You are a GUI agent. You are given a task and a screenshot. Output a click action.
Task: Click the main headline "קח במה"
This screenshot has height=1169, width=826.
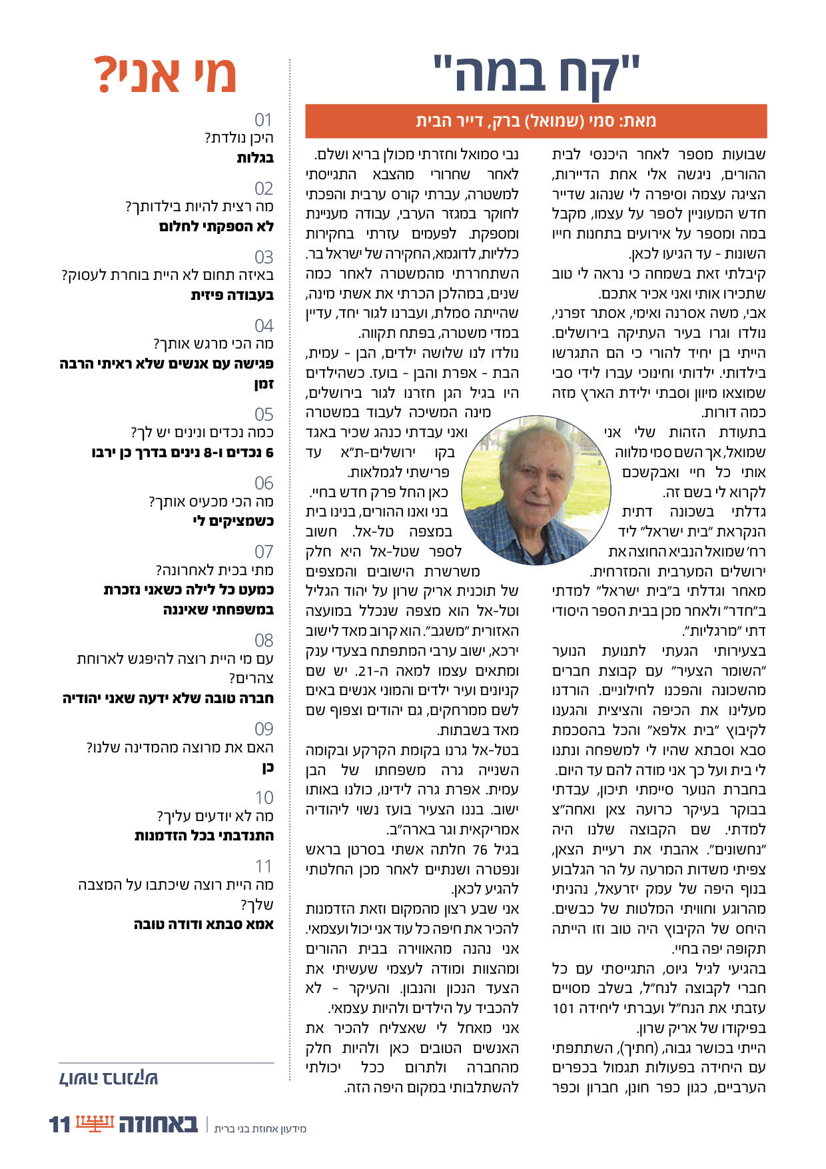click(536, 73)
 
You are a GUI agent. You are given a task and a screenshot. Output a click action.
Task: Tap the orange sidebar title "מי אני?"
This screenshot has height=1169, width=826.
click(165, 75)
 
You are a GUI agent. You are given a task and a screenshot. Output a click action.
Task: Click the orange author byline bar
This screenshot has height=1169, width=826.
click(536, 121)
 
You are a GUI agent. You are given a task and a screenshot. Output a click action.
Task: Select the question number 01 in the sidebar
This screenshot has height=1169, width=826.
click(264, 120)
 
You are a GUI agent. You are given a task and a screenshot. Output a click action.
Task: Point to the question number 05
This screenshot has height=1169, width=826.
click(264, 414)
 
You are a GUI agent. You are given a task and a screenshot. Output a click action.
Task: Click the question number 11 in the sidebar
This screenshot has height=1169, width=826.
click(264, 866)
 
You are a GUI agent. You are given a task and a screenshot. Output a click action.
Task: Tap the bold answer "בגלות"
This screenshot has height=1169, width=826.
click(255, 158)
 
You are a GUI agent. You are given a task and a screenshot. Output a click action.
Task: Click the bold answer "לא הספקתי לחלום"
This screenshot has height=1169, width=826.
click(216, 227)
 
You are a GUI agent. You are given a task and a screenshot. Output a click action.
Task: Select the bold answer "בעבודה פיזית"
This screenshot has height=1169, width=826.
click(232, 295)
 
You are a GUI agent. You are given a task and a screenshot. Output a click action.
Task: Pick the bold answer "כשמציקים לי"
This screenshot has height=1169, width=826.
click(232, 521)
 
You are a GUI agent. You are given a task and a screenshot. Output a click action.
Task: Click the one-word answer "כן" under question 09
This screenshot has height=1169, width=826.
click(268, 768)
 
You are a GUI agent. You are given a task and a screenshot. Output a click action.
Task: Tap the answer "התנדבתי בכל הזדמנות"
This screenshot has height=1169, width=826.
click(204, 836)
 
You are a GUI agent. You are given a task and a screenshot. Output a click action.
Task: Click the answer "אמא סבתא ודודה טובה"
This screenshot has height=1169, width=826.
click(204, 924)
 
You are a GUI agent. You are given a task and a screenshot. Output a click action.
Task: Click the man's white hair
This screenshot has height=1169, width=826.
click(526, 437)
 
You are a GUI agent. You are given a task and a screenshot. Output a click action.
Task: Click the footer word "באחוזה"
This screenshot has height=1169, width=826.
click(159, 1124)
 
